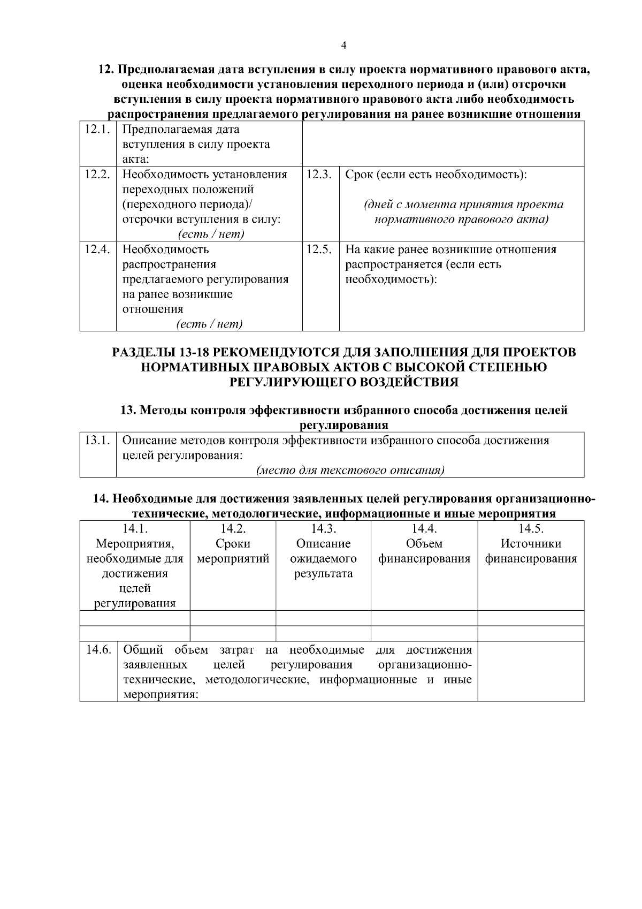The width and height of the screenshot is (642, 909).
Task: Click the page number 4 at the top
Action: coord(343,46)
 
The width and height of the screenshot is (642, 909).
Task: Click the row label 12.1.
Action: coord(98,130)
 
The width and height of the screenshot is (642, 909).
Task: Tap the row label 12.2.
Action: coord(98,175)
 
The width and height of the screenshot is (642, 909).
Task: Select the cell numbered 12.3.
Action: coord(320,175)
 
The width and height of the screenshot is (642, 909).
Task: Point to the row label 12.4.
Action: coord(98,249)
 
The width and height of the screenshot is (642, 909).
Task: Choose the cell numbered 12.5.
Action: coord(320,249)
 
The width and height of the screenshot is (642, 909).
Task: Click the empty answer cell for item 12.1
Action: coord(443,143)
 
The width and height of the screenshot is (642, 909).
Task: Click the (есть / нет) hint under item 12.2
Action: coord(211,234)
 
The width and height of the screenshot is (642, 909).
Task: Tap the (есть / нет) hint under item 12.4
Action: coord(209,324)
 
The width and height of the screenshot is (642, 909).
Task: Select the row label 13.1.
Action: coord(98,441)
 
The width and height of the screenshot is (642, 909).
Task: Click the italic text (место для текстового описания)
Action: coord(350,471)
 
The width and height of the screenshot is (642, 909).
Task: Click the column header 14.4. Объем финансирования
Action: coord(424,551)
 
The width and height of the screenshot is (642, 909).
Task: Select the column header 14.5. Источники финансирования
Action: coord(531,551)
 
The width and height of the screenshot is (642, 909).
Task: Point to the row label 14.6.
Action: coord(98,650)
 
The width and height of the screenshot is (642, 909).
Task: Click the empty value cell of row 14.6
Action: coord(531,671)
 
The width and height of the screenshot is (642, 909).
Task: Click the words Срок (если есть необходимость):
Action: coord(435,175)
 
